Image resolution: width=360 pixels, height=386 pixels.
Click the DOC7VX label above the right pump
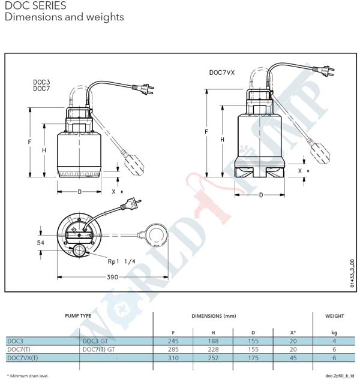222,73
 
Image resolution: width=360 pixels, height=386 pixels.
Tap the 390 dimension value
112,277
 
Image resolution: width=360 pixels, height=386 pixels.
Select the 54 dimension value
41,243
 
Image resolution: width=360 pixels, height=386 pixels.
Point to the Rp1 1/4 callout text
121,261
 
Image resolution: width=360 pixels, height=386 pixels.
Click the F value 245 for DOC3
173,341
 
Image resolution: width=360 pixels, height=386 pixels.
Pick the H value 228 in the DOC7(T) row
213,349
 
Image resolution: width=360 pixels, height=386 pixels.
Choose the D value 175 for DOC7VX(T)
253,358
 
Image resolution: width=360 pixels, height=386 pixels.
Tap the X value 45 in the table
293,358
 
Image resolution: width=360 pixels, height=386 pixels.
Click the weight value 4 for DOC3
334,341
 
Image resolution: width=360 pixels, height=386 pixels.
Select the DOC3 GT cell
95,341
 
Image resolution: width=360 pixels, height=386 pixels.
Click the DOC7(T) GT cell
98,349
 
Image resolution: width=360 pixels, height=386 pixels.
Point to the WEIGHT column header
334,316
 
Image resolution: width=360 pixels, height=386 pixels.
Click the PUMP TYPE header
78,316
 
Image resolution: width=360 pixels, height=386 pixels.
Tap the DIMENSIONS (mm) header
214,316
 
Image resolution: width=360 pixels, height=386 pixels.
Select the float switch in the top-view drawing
156,236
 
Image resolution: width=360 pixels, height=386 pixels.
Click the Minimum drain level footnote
28,376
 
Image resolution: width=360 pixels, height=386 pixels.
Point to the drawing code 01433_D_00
352,273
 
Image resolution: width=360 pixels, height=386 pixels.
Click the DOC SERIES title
35,5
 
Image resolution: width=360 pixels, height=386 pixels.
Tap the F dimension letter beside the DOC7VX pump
206,132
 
